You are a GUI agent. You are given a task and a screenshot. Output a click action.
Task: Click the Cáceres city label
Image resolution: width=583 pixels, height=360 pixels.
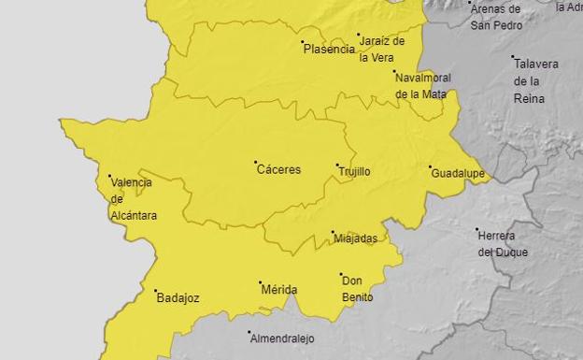coord(280,170)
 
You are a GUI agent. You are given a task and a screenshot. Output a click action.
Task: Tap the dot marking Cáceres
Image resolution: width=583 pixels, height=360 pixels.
coord(256,163)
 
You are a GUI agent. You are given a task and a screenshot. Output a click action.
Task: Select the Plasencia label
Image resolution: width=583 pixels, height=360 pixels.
coord(329,49)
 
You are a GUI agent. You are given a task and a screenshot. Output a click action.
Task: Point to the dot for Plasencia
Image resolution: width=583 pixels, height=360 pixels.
coord(302,42)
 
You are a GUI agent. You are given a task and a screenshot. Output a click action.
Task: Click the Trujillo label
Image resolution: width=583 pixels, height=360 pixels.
coord(354,172)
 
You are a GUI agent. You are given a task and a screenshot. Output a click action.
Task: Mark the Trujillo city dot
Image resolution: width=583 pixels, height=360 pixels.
coord(337,166)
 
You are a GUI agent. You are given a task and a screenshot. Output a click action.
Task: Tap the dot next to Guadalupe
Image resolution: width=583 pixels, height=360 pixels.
coord(431,168)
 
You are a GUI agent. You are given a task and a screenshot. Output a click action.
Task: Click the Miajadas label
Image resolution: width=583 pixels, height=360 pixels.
coord(356,238)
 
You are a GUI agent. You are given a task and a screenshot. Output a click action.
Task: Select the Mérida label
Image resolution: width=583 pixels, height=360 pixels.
coord(278,290)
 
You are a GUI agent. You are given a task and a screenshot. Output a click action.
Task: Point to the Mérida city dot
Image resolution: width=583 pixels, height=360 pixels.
coord(261,282)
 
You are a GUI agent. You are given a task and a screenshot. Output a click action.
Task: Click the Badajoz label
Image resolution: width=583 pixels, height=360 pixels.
coord(178,299)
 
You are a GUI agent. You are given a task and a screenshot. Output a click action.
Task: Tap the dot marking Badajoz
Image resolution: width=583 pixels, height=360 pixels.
coord(156,291)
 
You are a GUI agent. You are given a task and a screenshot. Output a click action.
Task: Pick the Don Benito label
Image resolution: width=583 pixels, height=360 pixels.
coord(357,289)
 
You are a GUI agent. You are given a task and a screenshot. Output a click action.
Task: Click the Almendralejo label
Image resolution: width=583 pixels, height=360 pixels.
coord(281,338)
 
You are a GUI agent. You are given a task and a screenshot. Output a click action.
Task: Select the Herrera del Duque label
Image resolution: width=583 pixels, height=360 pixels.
coord(503,245)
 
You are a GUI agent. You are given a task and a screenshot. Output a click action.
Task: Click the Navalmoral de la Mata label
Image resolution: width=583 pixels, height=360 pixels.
coord(422,85)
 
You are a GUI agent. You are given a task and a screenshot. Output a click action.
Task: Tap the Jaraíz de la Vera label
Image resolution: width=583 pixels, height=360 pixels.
coord(382,49)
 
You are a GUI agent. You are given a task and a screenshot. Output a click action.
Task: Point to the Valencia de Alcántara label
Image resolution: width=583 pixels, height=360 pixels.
coord(131,198)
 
